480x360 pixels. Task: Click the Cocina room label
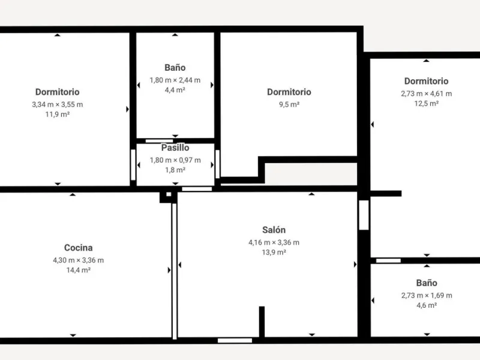click(x=79, y=247)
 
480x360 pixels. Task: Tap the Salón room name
click(x=274, y=230)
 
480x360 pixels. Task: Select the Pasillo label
click(x=175, y=148)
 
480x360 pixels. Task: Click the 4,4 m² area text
click(x=175, y=90)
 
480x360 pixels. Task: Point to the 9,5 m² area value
click(x=289, y=104)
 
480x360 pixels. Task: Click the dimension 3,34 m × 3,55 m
click(x=58, y=104)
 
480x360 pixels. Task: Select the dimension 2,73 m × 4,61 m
click(x=427, y=94)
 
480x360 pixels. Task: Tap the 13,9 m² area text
click(x=274, y=252)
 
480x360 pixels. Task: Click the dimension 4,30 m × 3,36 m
click(x=79, y=260)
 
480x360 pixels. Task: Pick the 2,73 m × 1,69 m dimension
click(x=427, y=295)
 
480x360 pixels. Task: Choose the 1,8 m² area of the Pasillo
click(x=175, y=170)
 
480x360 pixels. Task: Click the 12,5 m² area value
click(x=427, y=103)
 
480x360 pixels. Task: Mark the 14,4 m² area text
click(x=79, y=270)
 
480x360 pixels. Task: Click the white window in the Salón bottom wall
click(x=235, y=340)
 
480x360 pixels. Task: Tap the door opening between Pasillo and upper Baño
click(x=159, y=141)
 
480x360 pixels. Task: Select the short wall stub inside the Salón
click(x=262, y=322)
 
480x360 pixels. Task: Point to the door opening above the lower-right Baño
click(x=388, y=260)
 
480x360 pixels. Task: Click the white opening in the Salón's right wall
click(x=364, y=215)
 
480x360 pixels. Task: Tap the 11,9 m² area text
click(x=58, y=115)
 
